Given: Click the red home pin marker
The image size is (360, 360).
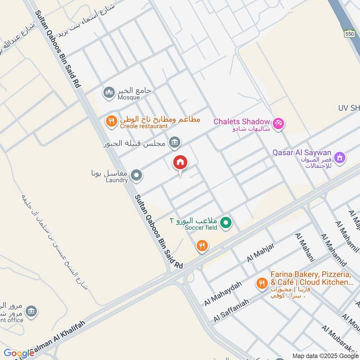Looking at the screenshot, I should (180, 162).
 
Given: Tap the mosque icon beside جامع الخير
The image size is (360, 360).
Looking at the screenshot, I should (109, 93).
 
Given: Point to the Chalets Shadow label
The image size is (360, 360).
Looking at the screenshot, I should (241, 121).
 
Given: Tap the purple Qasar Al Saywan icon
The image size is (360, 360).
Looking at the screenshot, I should (341, 157).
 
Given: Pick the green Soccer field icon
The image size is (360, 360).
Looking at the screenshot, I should (227, 222).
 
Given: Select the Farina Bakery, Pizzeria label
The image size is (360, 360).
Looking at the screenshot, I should (311, 274).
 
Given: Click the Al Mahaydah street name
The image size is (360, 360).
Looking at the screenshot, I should (223, 293).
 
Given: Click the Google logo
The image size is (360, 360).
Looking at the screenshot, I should (18, 354).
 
